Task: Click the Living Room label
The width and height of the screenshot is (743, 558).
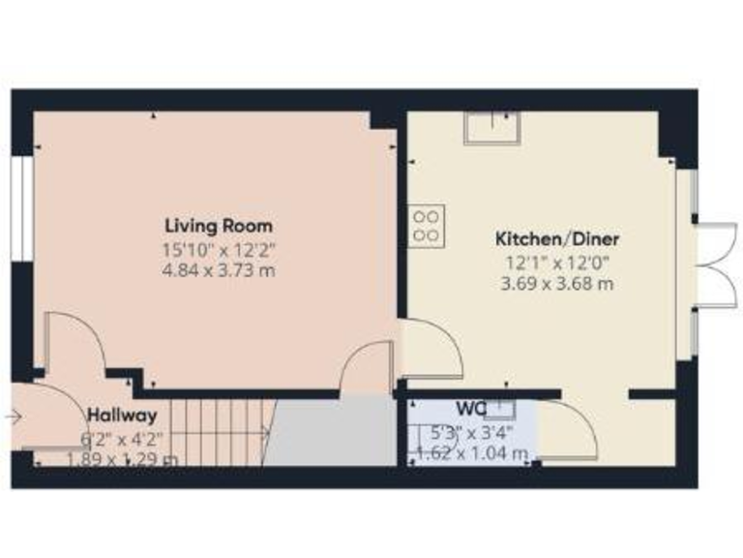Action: coord(218,227)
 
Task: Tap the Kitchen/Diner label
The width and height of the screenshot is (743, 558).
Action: coord(557,239)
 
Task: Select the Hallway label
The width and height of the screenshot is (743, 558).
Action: coord(122,416)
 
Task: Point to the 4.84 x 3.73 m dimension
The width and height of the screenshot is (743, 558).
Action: coord(219,270)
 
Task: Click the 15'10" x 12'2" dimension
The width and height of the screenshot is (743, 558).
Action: coord(218,250)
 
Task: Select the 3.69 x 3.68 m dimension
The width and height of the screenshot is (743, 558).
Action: coord(557,284)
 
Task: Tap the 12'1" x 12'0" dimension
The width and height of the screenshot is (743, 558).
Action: coord(557,263)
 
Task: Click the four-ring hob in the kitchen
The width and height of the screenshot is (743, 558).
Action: coord(428,224)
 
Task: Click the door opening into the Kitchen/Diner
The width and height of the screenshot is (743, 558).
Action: coord(431,350)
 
